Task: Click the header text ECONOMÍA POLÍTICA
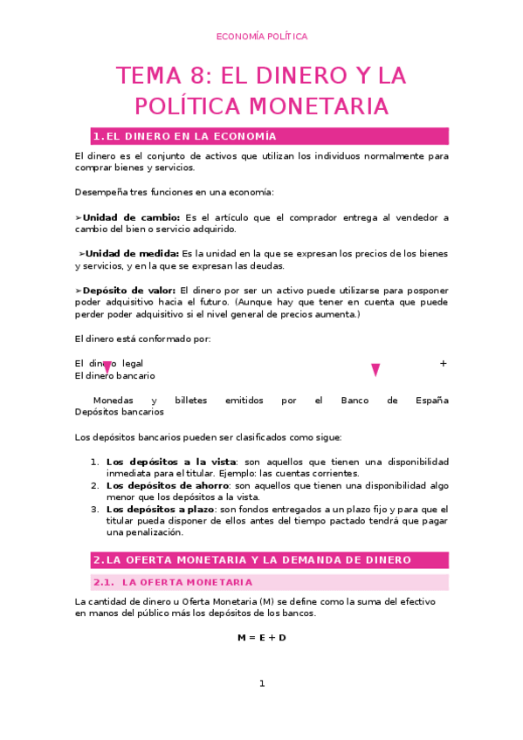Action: (261, 37)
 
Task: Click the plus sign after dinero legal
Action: (444, 363)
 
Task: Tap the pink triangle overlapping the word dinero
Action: (107, 367)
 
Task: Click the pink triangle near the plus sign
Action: (375, 370)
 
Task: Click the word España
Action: (430, 401)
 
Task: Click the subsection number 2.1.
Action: (104, 582)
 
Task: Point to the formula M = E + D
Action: (261, 638)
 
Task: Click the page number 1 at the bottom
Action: (261, 683)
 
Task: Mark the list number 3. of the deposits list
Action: (94, 509)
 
